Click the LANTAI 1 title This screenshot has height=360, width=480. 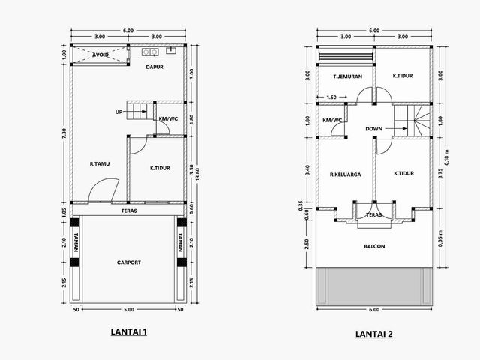click(x=128, y=331)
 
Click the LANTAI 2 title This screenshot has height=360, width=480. click(x=373, y=334)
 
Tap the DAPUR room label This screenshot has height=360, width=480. click(x=154, y=67)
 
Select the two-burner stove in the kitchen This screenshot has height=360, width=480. click(x=150, y=52)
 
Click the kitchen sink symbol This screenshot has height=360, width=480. click(x=171, y=50)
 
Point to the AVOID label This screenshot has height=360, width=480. click(x=100, y=55)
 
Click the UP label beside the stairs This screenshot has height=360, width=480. click(x=118, y=112)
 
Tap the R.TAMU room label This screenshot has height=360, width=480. click(x=100, y=164)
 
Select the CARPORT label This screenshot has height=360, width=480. click(x=129, y=262)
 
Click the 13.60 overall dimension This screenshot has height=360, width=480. click(x=197, y=174)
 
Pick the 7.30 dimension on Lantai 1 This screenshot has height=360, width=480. click(x=64, y=133)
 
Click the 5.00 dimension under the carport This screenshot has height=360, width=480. click(x=129, y=310)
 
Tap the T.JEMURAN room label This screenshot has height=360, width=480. click(x=348, y=76)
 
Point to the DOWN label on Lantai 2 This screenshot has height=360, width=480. click(x=373, y=129)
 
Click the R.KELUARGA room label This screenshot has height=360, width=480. click(x=346, y=175)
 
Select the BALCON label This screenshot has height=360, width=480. click(x=374, y=246)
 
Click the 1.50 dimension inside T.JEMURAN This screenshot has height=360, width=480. click(x=331, y=97)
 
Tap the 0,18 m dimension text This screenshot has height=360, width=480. click(x=446, y=157)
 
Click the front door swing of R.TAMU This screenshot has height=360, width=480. click(x=104, y=189)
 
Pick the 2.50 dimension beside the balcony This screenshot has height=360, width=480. click(x=307, y=244)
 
